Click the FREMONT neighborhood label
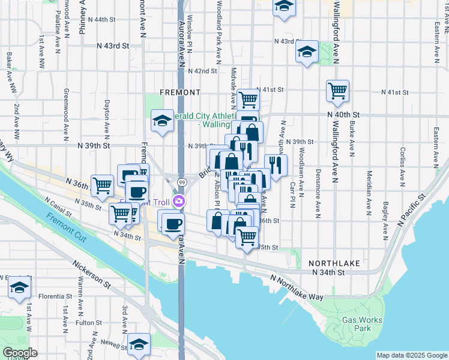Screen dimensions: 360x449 (180, 92)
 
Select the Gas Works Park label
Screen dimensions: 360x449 (362, 324)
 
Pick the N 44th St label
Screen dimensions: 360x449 (100, 20)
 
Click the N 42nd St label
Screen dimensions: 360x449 (202, 71)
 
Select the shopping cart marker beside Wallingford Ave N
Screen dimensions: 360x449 (337, 91)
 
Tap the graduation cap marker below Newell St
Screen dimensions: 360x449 (139, 344)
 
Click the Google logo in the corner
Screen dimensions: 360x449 (20, 353)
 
